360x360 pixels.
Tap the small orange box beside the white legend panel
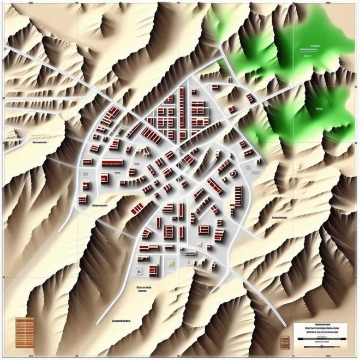pos(284,342)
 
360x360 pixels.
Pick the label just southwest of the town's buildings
pos(100,206)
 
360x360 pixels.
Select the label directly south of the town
pos(145,287)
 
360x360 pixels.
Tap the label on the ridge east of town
pos(279,218)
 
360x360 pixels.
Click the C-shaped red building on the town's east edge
pos(233,173)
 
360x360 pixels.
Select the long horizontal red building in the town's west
pos(112,163)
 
